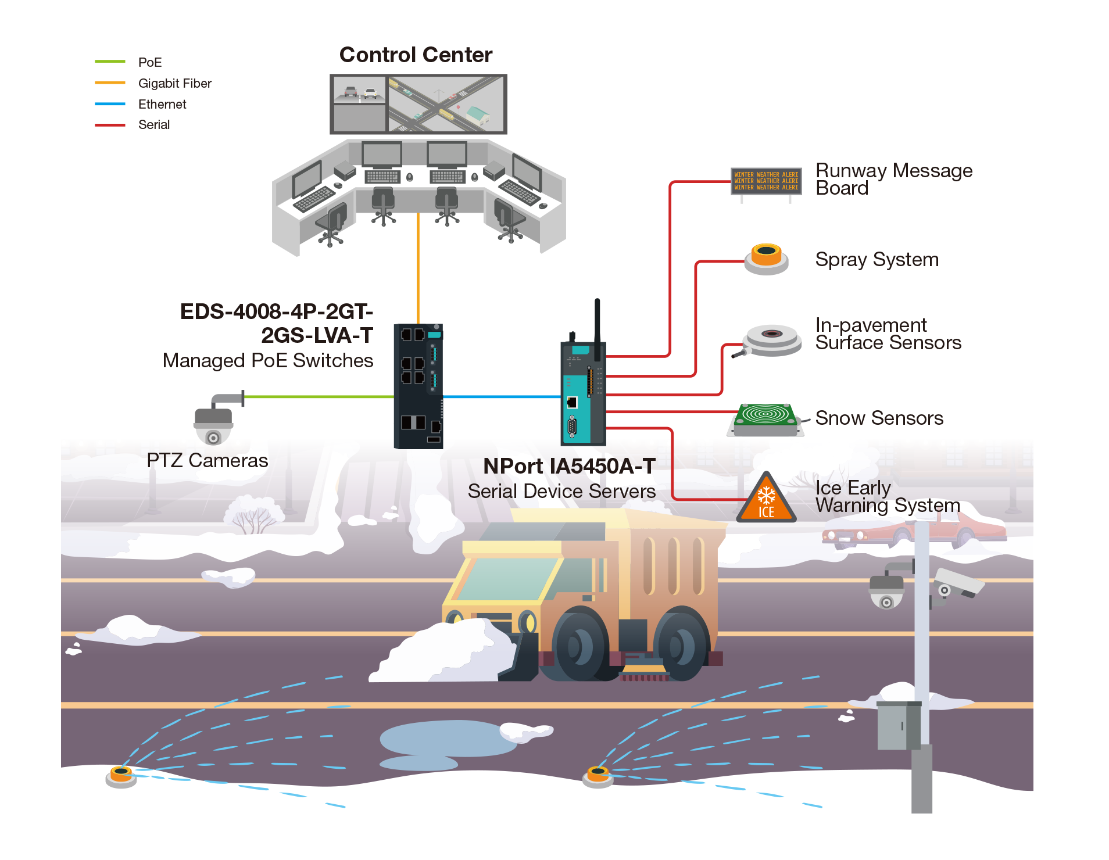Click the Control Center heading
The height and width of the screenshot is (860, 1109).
(x=416, y=55)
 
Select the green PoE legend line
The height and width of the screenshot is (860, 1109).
(x=110, y=62)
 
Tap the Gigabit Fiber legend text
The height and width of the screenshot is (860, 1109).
(x=175, y=83)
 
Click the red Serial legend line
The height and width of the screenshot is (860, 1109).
(x=110, y=125)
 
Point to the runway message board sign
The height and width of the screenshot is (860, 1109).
(x=766, y=181)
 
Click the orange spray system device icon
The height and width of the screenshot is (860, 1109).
(x=766, y=259)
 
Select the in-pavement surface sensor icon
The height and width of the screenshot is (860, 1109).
(x=771, y=339)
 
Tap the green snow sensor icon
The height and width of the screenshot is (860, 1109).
(x=766, y=418)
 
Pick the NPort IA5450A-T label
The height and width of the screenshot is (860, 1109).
(x=569, y=466)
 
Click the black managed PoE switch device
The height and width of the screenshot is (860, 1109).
(x=418, y=386)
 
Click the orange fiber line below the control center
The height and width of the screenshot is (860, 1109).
(x=418, y=267)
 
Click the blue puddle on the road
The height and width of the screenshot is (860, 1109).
(x=448, y=741)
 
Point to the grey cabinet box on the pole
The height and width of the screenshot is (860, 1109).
(x=898, y=726)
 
